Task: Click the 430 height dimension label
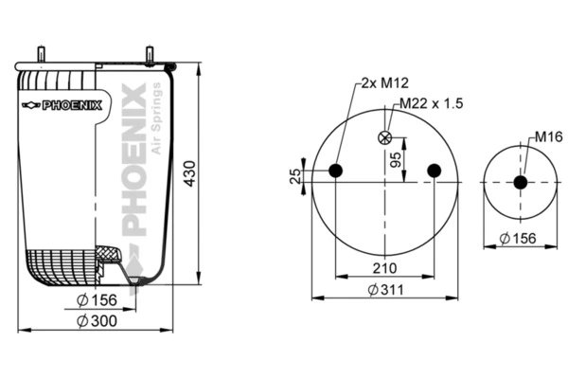click(189, 173)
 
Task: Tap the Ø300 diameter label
click(98, 321)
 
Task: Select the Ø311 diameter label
click(385, 290)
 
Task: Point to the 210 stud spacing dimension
click(384, 268)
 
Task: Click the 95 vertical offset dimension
click(396, 159)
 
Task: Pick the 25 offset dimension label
click(295, 176)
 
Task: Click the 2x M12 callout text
click(385, 83)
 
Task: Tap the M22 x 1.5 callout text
click(432, 103)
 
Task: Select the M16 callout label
click(549, 136)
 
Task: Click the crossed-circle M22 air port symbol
click(384, 137)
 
